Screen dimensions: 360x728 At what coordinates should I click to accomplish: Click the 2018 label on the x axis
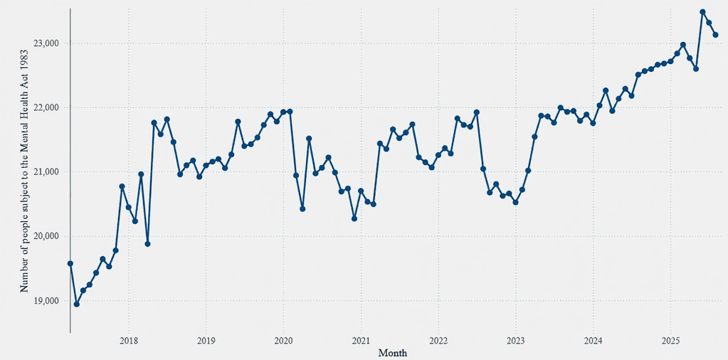(x=128, y=340)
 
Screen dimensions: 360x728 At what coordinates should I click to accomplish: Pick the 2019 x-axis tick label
(x=206, y=340)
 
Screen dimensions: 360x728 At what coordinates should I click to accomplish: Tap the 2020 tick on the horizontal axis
(x=283, y=340)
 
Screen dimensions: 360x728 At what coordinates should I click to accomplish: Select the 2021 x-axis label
(x=361, y=340)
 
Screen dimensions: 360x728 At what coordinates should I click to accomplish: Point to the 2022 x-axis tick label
(x=438, y=340)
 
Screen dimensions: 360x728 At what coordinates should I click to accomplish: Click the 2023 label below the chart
(x=516, y=340)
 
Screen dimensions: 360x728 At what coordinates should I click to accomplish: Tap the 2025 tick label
(x=670, y=340)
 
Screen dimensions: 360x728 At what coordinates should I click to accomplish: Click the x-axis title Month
(x=393, y=353)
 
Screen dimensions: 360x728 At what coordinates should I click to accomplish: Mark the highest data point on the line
(x=702, y=12)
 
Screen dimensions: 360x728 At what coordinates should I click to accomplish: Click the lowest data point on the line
(x=77, y=304)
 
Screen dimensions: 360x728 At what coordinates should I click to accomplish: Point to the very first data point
(x=70, y=263)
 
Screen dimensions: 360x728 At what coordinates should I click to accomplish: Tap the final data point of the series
(x=715, y=35)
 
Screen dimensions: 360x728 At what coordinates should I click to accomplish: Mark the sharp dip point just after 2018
(x=147, y=244)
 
